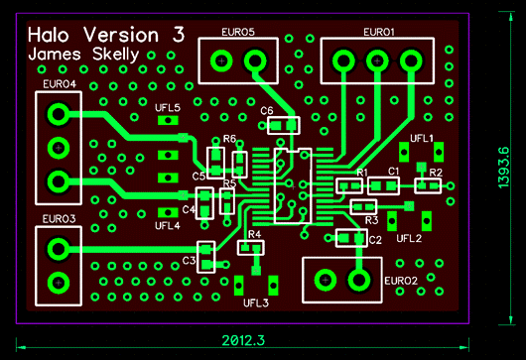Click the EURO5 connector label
pos(238,32)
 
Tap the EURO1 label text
pos(379,32)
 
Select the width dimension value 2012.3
pos(243,340)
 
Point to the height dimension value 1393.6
pos(503,168)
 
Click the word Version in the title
pos(121,35)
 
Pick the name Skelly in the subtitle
pos(115,55)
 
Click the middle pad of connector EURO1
pos(377,61)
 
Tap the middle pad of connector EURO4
pos(59,148)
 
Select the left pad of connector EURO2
pos(326,280)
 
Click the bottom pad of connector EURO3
pos(59,283)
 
